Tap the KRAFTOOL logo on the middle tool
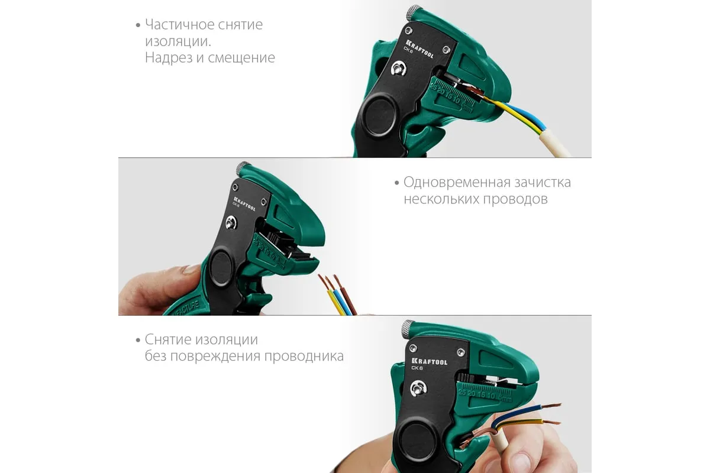point(244,204)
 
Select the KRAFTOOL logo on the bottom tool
point(429,361)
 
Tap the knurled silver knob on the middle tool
point(243,169)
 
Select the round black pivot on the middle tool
point(221,268)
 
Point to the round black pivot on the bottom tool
point(416,440)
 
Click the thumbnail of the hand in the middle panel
point(189,270)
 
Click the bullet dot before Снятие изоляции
point(138,340)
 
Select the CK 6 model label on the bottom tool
point(417,368)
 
